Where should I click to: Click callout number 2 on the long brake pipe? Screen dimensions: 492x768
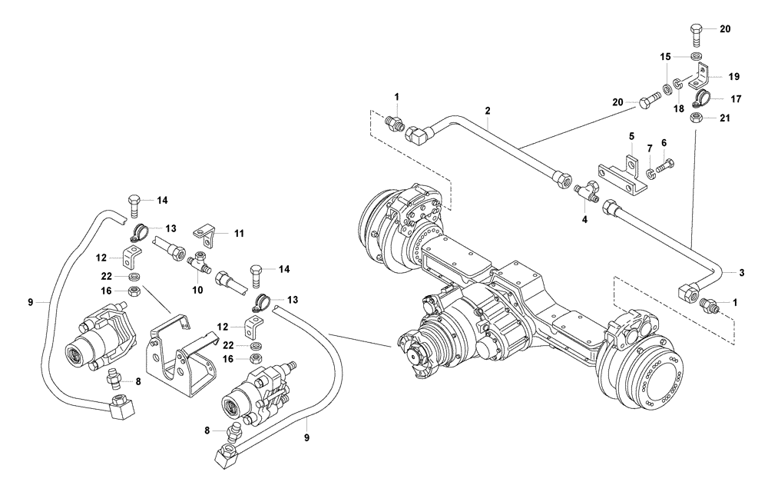pyautogui.click(x=488, y=111)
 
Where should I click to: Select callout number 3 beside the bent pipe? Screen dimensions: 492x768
pyautogui.click(x=741, y=273)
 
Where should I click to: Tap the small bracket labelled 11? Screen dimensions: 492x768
pyautogui.click(x=204, y=230)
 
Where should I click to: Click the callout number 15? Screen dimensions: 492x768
pyautogui.click(x=667, y=56)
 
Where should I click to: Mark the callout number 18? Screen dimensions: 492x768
pyautogui.click(x=678, y=110)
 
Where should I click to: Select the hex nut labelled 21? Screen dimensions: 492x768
pyautogui.click(x=696, y=118)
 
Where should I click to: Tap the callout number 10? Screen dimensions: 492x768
pyautogui.click(x=197, y=290)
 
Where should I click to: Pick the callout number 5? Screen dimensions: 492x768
pyautogui.click(x=631, y=136)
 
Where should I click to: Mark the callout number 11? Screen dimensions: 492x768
pyautogui.click(x=239, y=231)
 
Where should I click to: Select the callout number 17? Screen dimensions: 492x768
pyautogui.click(x=735, y=98)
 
